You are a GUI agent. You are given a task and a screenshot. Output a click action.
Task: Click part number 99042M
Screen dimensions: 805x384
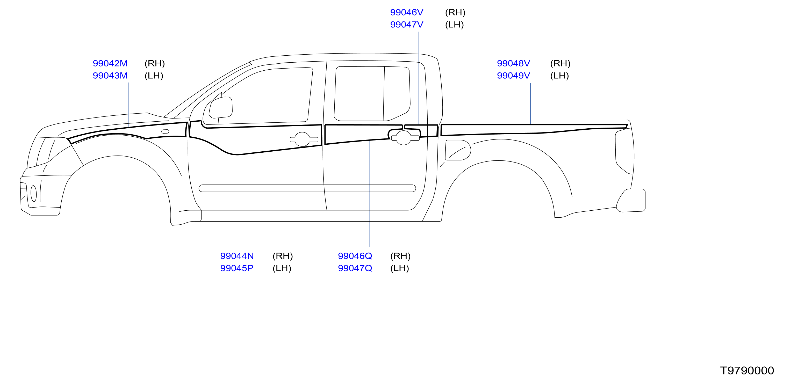tap(110, 63)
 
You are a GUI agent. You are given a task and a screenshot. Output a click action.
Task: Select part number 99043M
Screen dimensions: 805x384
tap(110, 76)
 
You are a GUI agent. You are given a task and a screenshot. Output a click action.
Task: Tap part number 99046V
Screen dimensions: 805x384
tap(407, 12)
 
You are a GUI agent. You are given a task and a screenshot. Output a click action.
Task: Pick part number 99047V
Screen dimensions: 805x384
tap(407, 25)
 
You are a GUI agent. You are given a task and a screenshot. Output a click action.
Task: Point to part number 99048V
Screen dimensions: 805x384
tap(513, 63)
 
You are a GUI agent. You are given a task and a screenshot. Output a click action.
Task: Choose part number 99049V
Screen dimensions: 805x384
tap(513, 76)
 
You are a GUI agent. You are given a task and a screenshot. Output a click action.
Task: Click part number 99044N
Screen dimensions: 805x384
tap(237, 256)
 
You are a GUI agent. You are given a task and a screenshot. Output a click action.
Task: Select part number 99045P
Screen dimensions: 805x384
tap(236, 268)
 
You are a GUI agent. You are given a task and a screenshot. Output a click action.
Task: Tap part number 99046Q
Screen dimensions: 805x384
tap(355, 256)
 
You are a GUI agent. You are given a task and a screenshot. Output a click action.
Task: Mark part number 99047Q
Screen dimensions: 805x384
tap(355, 268)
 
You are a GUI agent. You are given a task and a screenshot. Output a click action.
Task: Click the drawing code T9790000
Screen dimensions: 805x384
tap(747, 371)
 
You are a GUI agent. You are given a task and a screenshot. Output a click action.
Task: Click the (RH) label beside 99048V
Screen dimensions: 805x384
tap(560, 63)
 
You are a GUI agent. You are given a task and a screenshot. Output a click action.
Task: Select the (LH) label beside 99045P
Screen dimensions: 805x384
tap(282, 268)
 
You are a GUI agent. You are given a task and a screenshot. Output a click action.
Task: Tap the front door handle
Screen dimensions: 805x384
tap(304, 139)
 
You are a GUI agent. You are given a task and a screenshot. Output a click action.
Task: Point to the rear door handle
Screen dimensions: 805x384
tap(405, 138)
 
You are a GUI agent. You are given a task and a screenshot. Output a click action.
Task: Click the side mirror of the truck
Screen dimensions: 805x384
tap(221, 107)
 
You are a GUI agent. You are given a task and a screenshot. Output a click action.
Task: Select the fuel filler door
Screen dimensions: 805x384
tap(458, 150)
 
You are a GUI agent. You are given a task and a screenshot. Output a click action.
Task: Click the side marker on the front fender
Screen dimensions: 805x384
tap(165, 131)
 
